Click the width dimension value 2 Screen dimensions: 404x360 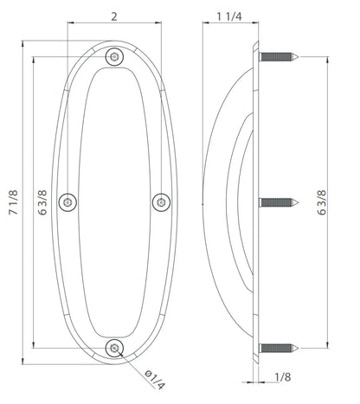114,16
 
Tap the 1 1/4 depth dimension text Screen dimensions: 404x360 229,16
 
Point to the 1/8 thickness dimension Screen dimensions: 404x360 281,376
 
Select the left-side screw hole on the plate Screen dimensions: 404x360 68,202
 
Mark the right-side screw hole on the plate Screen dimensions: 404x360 160,202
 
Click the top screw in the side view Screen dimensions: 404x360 278,56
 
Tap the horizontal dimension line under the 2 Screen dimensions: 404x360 114,26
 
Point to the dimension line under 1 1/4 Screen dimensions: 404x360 229,26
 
